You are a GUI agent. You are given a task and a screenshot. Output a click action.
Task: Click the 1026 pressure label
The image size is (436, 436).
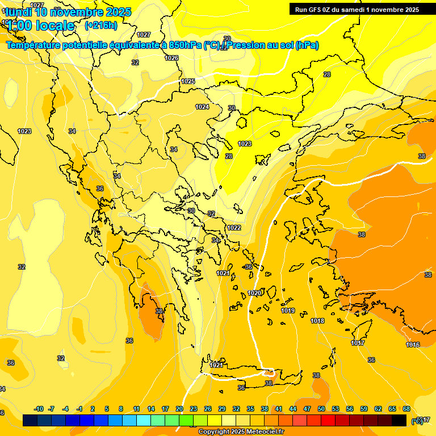171,58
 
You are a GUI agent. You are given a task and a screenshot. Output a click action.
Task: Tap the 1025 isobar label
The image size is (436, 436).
188,81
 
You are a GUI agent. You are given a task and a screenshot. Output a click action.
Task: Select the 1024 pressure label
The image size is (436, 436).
202,107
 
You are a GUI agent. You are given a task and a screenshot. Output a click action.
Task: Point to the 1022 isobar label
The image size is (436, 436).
234,228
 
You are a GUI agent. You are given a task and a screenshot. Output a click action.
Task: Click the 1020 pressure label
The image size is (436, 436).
255,293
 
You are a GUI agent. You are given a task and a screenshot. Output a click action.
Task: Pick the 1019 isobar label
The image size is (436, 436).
288,311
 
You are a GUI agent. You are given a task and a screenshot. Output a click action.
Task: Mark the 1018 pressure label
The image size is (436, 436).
317,321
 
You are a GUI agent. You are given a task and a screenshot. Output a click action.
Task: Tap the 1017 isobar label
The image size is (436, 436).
358,343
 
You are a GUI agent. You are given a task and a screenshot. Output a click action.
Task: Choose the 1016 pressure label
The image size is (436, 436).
413,345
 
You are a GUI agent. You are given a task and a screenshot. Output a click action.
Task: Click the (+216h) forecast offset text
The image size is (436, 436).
101,25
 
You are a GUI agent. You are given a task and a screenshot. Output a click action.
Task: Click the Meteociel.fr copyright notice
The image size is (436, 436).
241,432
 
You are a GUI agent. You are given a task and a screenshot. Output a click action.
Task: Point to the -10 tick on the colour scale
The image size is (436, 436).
39,409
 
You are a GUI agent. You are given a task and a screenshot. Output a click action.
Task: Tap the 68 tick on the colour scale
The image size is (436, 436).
406,409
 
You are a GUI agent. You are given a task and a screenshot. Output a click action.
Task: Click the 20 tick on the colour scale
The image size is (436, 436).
179,409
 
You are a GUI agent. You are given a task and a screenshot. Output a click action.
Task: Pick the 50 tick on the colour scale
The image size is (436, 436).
321,409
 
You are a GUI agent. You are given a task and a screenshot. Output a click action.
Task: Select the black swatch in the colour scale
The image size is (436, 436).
399,420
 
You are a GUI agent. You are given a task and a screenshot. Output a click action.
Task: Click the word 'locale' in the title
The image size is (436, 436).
54,25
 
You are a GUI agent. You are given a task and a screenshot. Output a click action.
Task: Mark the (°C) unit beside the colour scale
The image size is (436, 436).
417,421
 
